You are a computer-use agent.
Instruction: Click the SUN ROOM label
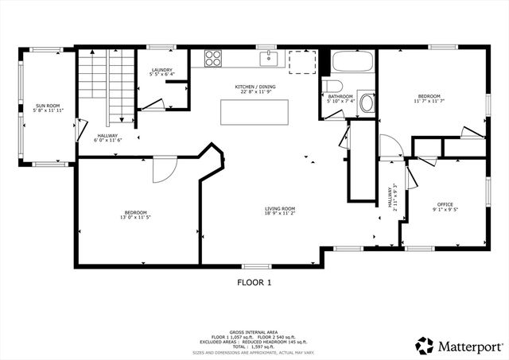pyautogui.click(x=46, y=105)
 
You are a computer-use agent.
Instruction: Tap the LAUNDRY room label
pyautogui.click(x=162, y=71)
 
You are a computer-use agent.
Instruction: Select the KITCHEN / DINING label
pyautogui.click(x=254, y=87)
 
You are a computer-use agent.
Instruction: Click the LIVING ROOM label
pyautogui.click(x=280, y=209)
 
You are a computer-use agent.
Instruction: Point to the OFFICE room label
pyautogui.click(x=445, y=204)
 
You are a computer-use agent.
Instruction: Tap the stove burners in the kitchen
pyautogui.click(x=213, y=58)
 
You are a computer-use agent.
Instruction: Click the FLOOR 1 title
pyautogui.click(x=254, y=281)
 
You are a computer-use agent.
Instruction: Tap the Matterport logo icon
pyautogui.click(x=424, y=346)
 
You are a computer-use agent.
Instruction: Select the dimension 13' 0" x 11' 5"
pyautogui.click(x=135, y=217)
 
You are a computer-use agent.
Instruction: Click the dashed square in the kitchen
pyautogui.click(x=302, y=62)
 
